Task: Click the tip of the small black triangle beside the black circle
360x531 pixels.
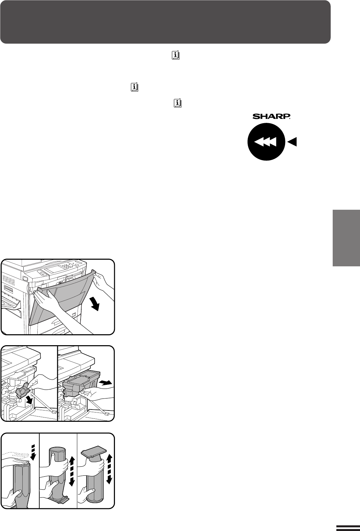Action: coord(287,142)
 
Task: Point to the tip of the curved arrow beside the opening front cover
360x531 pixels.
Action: coord(98,310)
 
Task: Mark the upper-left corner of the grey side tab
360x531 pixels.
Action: coord(333,210)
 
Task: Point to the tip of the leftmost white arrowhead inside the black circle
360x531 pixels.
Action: coord(254,142)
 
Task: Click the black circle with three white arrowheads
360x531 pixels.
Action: coord(266,142)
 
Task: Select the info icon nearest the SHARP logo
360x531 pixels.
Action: coord(178,103)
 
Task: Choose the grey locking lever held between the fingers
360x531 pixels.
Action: coord(22,392)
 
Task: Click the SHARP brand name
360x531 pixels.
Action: coord(271,117)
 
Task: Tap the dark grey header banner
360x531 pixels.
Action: coord(165,22)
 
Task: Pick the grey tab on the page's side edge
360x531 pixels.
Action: coord(346,238)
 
